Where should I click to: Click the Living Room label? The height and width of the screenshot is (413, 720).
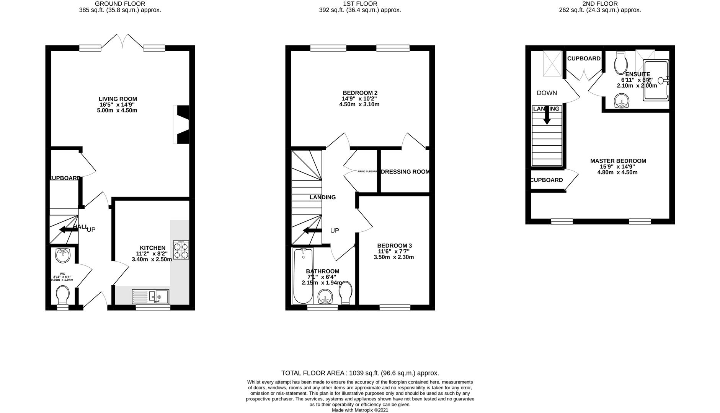118,99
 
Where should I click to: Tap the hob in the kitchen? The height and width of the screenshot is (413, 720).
181,250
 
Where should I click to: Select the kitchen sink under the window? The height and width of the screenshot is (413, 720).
151,296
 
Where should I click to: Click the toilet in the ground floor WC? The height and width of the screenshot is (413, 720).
62,296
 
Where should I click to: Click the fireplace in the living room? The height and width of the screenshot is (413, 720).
182,124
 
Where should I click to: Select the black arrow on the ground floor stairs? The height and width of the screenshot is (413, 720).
67,229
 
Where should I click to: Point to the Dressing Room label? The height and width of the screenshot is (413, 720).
405,172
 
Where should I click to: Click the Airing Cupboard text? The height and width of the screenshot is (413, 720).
367,172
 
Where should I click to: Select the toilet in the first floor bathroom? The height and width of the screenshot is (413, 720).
346,293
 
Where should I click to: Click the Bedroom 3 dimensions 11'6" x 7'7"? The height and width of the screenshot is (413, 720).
394,251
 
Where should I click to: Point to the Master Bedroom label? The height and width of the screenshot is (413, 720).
618,161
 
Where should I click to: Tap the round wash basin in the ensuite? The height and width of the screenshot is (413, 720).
622,102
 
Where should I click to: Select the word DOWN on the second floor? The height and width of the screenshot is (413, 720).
547,93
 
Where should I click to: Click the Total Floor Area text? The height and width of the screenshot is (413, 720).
360,373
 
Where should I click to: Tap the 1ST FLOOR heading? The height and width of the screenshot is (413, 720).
360,4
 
